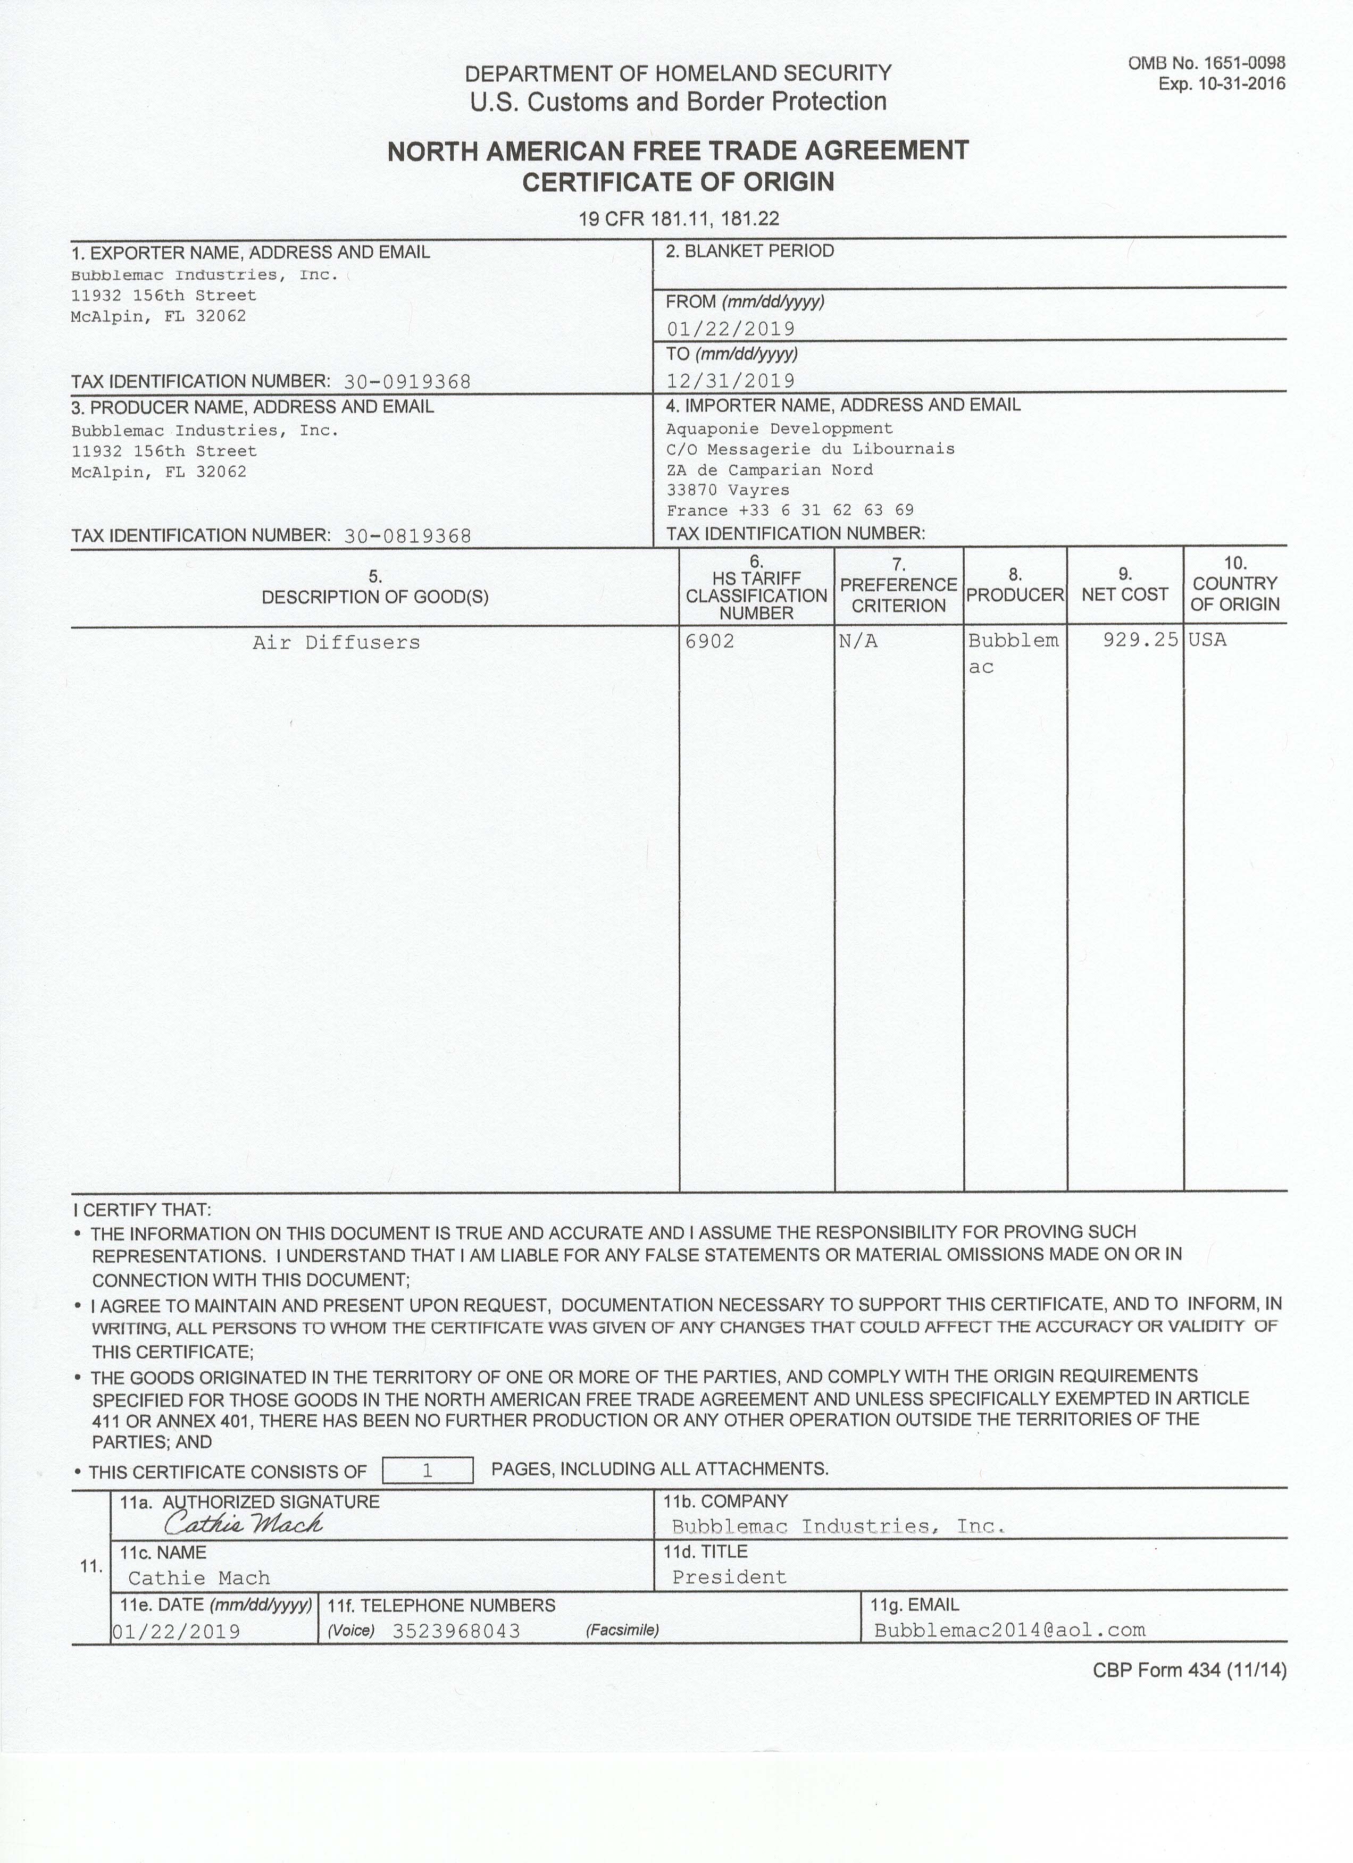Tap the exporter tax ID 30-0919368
(x=407, y=382)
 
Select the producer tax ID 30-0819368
(x=407, y=536)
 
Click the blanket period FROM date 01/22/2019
(x=730, y=330)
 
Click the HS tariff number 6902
(x=710, y=641)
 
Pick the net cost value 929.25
(x=1140, y=639)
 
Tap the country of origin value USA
(x=1207, y=639)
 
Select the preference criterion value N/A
(x=858, y=641)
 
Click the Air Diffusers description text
(x=336, y=642)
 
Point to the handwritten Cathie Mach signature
(x=243, y=1524)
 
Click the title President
(x=729, y=1577)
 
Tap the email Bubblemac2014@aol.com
(x=1009, y=1630)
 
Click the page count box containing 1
(x=428, y=1471)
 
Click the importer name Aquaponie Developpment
(x=779, y=429)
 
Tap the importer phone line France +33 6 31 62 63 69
(x=789, y=510)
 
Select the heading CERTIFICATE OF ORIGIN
(x=678, y=181)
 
